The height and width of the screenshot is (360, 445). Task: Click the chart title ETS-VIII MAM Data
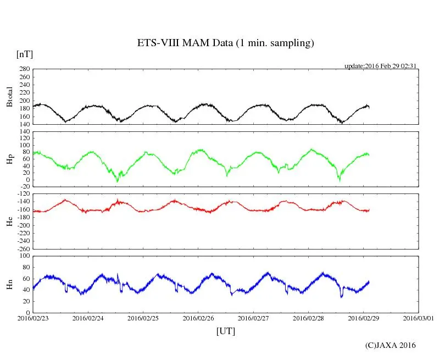225,43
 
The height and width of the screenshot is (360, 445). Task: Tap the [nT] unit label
24,54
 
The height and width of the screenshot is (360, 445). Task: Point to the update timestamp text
380,65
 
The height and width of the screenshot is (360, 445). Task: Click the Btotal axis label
9,96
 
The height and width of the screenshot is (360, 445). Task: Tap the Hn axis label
9,284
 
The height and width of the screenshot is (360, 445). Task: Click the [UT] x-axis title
225,331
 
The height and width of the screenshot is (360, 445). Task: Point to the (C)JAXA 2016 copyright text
391,345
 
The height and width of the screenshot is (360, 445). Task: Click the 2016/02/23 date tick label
33,318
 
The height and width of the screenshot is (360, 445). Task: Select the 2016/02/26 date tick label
198,318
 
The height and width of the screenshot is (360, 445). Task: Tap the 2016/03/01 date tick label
418,318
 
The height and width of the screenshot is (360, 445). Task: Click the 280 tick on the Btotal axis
24,69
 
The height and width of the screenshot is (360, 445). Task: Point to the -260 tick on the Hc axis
23,248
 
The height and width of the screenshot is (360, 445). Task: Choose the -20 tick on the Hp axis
24,187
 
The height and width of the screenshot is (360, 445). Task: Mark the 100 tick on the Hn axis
24,256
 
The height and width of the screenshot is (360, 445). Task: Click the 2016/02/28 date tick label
308,318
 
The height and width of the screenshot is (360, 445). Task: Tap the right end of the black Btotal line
369,107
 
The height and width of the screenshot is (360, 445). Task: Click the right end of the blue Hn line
369,281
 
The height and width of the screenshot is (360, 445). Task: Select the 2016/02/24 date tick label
88,318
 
